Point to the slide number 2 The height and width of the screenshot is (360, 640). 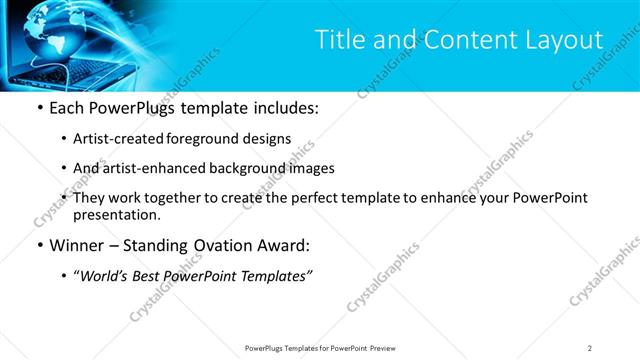590,348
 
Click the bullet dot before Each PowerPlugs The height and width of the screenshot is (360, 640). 39,108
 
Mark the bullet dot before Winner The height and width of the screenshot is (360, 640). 39,246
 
